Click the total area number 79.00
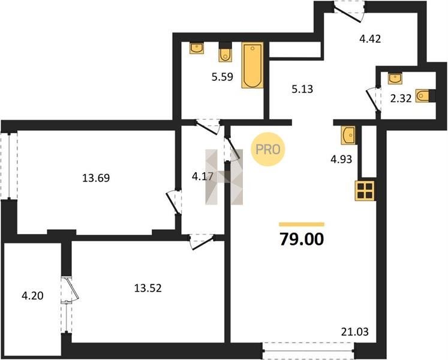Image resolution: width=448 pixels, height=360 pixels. [302, 239]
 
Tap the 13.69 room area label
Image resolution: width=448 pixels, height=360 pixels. [96, 178]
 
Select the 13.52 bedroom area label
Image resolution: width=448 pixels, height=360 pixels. [148, 288]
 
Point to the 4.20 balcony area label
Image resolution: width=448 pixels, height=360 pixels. [32, 296]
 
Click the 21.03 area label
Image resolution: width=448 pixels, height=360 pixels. [355, 332]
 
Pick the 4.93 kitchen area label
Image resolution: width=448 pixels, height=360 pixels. [341, 159]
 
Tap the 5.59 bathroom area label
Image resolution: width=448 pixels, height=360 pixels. [223, 77]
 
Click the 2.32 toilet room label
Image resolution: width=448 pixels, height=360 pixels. [401, 98]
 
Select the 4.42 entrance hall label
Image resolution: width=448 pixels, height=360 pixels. [370, 38]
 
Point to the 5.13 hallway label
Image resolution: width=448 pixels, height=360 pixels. [302, 89]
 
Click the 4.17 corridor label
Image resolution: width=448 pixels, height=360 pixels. [203, 177]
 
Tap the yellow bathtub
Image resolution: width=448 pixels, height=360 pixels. [252, 65]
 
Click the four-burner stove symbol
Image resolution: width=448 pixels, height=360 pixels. [365, 191]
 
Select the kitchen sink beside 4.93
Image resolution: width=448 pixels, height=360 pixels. [348, 135]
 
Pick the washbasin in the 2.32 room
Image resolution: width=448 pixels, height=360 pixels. [395, 79]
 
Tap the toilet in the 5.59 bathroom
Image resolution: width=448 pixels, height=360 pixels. [225, 52]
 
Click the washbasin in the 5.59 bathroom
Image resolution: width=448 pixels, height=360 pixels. [197, 48]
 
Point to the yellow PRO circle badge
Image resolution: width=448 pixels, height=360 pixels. [267, 149]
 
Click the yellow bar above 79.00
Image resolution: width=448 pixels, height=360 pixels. [302, 224]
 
